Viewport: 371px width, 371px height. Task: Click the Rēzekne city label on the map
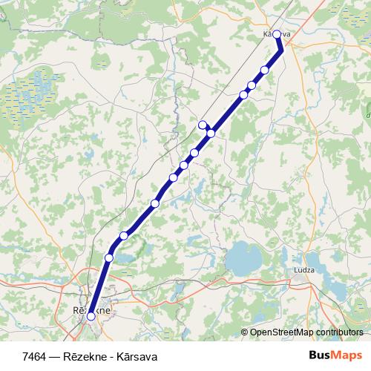(x=92, y=309)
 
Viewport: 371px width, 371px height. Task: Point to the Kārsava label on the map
(x=276, y=34)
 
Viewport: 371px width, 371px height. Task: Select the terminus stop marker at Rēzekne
(x=91, y=316)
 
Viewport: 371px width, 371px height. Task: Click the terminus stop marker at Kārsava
(x=277, y=34)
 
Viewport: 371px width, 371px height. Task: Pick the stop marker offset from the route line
(x=203, y=125)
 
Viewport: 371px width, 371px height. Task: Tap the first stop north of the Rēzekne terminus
(x=109, y=257)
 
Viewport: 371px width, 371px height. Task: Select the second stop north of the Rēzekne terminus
(x=124, y=235)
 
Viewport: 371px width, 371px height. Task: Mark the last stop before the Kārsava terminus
(x=265, y=70)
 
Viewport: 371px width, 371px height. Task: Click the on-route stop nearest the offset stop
(x=211, y=134)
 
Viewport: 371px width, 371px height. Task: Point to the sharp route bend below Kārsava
(x=283, y=50)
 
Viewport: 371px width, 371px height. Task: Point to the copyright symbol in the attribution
(x=243, y=332)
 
